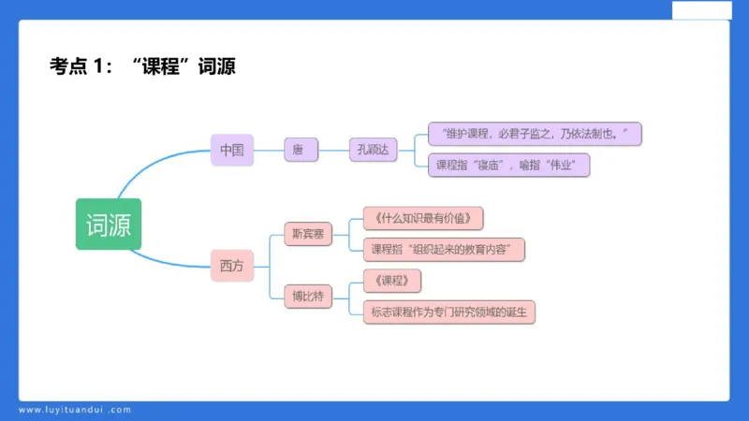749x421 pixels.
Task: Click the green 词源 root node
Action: tap(109, 225)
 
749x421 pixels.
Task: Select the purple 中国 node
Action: tap(231, 150)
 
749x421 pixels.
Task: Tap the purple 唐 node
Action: tap(298, 150)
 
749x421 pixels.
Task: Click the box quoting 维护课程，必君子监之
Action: tap(534, 134)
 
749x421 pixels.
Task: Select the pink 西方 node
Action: tap(231, 267)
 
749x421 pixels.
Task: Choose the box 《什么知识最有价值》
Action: tap(427, 219)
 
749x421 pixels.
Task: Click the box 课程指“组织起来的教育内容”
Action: tap(443, 250)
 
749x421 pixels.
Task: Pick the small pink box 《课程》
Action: tap(390, 281)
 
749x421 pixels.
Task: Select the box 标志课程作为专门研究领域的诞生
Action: tap(448, 312)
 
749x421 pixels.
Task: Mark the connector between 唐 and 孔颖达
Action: tap(332, 150)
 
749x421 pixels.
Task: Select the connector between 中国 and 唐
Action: tap(269, 150)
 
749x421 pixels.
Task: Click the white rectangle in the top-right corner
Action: tap(701, 10)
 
